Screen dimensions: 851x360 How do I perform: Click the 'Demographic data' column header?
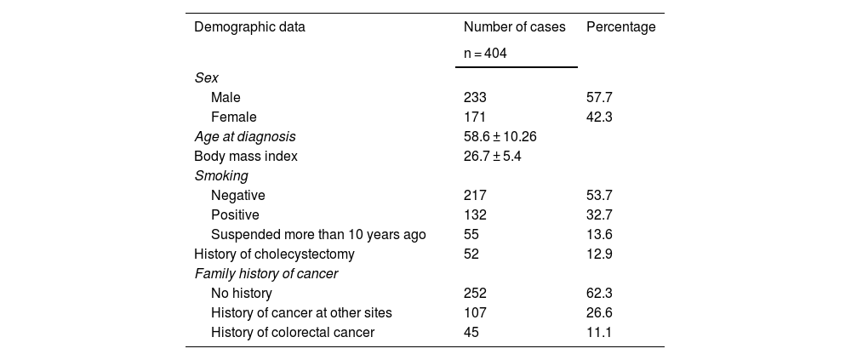[x=249, y=27]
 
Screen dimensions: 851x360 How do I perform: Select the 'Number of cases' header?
[x=515, y=27]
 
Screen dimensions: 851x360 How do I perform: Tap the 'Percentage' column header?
[x=621, y=27]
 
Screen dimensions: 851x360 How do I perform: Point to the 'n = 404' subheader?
[x=485, y=54]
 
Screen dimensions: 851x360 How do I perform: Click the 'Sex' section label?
[x=206, y=77]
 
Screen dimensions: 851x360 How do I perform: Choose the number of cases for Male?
[x=475, y=97]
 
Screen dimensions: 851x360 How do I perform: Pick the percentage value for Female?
[x=599, y=117]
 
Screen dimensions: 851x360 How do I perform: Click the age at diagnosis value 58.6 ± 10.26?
[x=500, y=136]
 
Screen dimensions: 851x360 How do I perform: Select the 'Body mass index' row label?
[x=246, y=156]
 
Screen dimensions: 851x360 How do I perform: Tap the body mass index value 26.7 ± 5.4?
[x=492, y=156]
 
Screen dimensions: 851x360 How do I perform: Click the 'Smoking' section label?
[x=221, y=176]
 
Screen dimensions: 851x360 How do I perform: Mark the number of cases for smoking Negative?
[x=475, y=195]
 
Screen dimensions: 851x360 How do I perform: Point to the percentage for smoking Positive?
[x=599, y=214]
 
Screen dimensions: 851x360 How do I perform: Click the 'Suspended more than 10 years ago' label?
[x=318, y=235]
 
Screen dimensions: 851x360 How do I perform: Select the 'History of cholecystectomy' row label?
[x=274, y=254]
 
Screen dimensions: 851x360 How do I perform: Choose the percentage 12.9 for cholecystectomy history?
[x=599, y=254]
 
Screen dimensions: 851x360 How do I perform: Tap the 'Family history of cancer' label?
[x=266, y=274]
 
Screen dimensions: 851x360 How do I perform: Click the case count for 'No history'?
[x=475, y=294]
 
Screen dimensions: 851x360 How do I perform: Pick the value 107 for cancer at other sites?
[x=475, y=312]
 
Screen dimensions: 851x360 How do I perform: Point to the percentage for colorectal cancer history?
[x=598, y=332]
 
